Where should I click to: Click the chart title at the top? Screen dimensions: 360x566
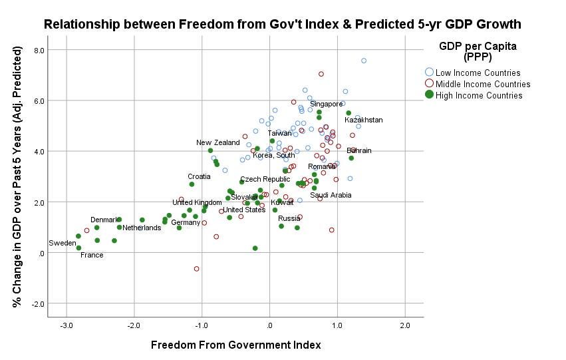click(x=283, y=25)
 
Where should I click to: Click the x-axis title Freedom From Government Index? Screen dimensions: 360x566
click(x=236, y=345)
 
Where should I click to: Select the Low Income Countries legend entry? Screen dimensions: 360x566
click(x=473, y=73)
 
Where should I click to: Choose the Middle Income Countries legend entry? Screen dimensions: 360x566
click(x=478, y=84)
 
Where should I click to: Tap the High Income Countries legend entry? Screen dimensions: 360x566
click(x=474, y=95)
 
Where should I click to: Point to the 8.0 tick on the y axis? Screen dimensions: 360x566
click(x=39, y=51)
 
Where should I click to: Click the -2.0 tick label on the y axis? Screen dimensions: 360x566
click(x=38, y=303)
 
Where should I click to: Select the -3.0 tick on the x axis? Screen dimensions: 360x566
click(x=67, y=325)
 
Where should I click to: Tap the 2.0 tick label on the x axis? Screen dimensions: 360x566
click(x=404, y=325)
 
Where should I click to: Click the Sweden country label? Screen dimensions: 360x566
click(x=62, y=244)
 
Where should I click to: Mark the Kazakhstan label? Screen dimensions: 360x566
click(x=364, y=120)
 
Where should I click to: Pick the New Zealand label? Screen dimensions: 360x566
click(x=217, y=143)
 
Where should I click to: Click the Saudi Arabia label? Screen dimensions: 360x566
click(x=331, y=196)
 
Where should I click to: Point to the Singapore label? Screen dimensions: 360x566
click(x=327, y=104)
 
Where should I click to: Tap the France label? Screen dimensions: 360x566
click(x=92, y=256)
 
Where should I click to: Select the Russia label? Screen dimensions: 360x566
click(x=289, y=218)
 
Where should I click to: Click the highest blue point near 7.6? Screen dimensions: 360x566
click(x=364, y=61)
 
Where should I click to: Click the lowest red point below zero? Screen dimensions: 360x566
click(x=196, y=269)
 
